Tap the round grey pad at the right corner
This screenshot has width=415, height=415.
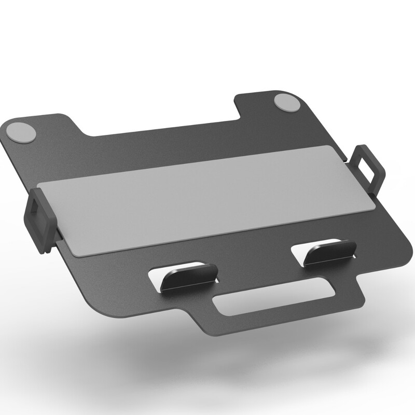point(286,102)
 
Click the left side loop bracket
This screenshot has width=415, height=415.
point(40,220)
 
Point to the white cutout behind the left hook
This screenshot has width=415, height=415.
point(158,275)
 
